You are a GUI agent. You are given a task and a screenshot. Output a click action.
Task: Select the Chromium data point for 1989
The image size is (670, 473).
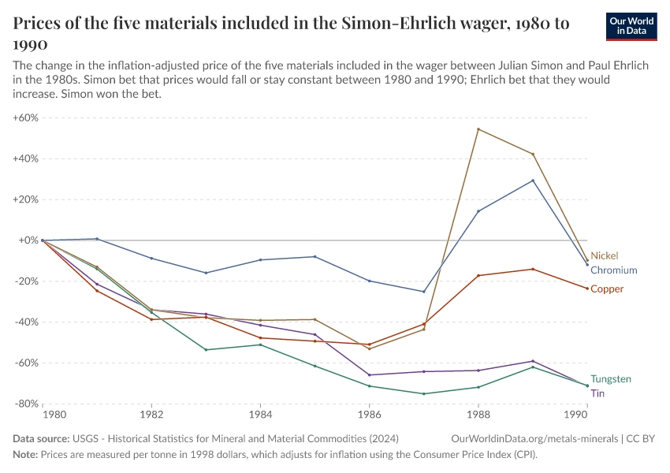coord(533,181)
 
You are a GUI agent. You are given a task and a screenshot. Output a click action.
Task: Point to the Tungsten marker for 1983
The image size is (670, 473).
coord(206,350)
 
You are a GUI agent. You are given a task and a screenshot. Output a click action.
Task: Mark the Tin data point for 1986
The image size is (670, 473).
coord(369,375)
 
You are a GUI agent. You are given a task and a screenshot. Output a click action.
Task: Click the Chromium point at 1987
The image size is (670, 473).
coord(424,292)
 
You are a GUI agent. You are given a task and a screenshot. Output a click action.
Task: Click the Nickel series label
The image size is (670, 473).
coord(605,255)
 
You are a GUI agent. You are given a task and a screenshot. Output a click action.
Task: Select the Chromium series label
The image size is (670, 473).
coord(613,270)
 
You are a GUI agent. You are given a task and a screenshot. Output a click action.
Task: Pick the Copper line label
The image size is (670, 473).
coord(607,289)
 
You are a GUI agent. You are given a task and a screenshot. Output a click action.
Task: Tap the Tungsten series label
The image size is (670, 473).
coord(611,379)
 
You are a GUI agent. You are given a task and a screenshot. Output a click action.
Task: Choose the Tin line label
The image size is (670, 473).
coord(597,393)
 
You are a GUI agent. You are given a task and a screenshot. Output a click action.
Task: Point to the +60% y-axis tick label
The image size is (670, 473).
coord(25,117)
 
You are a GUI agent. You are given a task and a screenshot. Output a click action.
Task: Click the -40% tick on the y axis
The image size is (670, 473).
coord(25,322)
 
